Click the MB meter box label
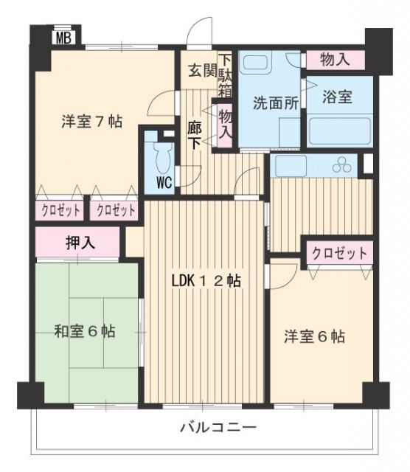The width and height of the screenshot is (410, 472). (64, 38)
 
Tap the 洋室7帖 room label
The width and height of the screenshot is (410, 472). (92, 122)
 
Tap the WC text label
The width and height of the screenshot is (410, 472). (164, 182)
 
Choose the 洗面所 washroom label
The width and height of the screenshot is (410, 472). (276, 103)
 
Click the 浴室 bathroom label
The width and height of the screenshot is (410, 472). (337, 97)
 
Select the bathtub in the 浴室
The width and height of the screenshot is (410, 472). (340, 131)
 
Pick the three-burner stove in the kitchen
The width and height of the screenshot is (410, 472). (341, 165)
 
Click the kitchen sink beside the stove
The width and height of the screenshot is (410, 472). (291, 166)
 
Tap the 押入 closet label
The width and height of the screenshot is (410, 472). (80, 243)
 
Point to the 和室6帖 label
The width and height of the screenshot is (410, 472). (85, 331)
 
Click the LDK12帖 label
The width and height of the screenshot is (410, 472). (206, 281)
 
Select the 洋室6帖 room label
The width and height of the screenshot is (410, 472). (315, 336)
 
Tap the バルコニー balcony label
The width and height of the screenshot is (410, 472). (218, 427)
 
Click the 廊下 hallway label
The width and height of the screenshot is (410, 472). (195, 135)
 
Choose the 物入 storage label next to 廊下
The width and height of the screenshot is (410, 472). (225, 124)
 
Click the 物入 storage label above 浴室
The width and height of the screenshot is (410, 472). (335, 59)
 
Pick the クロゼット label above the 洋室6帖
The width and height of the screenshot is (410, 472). (339, 254)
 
